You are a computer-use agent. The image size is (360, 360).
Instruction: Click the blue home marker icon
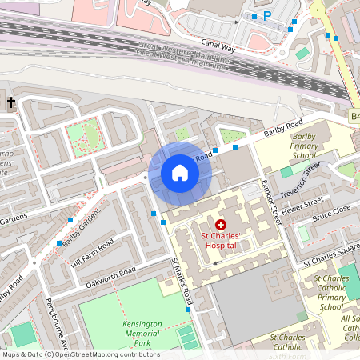pos(180,173)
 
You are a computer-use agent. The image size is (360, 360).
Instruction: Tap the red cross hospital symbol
pos(221,226)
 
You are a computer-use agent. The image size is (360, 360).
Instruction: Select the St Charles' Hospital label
pos(221,241)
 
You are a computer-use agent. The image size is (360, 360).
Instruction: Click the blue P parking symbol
pos(267,15)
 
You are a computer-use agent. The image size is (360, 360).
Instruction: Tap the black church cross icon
pos(11,102)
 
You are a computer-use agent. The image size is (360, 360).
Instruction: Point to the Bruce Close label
pos(330,215)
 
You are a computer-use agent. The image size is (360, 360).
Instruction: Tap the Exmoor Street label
pos(274,201)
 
